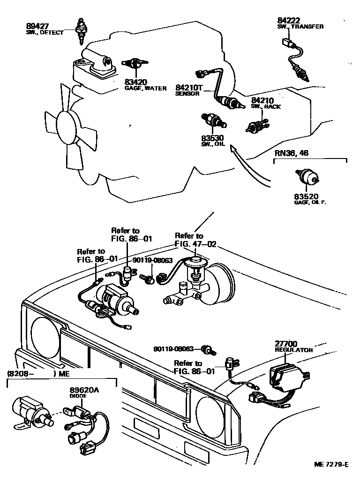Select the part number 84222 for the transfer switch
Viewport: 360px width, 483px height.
[x=288, y=21]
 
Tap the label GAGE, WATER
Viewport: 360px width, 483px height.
[x=145, y=88]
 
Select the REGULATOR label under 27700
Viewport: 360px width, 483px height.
[x=293, y=350]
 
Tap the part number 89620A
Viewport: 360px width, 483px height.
[x=84, y=390]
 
